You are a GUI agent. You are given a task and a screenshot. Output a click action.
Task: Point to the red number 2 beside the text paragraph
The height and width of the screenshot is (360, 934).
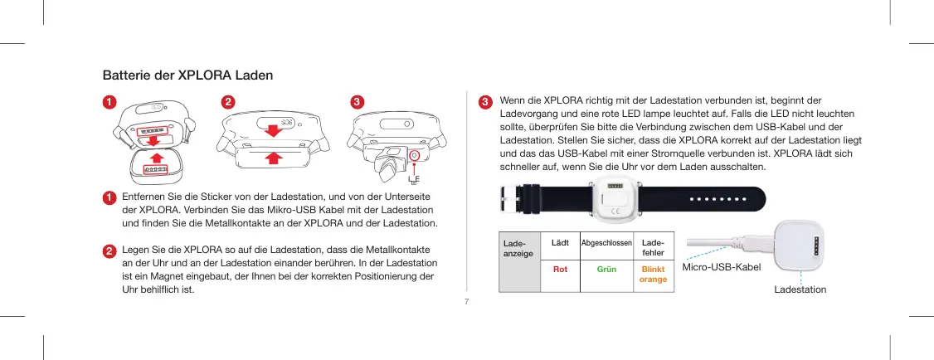coord(109,250)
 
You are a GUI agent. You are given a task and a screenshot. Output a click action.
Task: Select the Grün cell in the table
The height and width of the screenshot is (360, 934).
coord(607,269)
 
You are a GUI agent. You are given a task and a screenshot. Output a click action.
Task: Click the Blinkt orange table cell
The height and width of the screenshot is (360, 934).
coord(652,274)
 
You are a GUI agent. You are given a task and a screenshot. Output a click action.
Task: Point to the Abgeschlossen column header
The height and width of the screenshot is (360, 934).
coord(606,242)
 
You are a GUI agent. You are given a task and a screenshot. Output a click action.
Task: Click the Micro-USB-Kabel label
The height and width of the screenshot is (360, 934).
coord(719,268)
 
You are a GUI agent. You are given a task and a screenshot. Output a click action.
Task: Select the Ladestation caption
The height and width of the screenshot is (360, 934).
coord(800,289)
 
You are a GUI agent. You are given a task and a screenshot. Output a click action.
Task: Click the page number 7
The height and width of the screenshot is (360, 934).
coord(466,301)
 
